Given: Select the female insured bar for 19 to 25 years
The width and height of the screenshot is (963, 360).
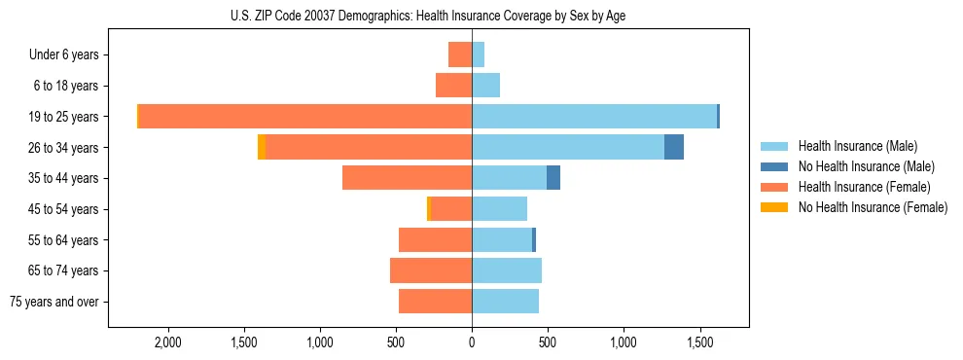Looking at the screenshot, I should [x=305, y=117].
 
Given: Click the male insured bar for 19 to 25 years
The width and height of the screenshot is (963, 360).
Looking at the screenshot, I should [x=593, y=117].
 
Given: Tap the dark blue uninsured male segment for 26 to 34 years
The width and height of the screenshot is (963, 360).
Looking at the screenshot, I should [x=674, y=147].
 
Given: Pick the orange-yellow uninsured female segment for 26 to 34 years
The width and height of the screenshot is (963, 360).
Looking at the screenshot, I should [x=262, y=147].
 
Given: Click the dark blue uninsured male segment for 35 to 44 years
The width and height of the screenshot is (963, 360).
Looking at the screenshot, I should [x=553, y=178].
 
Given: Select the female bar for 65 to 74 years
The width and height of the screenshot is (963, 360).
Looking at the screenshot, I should [x=431, y=270].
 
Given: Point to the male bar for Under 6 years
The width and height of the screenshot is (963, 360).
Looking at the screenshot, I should [x=478, y=54].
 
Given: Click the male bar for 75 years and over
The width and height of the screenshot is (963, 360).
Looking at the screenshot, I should [x=505, y=302].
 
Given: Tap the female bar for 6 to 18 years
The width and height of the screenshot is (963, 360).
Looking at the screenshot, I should [x=453, y=86].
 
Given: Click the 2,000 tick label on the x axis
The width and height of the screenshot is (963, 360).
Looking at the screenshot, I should [x=168, y=342].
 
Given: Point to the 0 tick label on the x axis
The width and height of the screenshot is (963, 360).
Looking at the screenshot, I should [x=472, y=342].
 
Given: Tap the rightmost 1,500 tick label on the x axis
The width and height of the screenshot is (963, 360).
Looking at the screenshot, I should [x=700, y=342].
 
